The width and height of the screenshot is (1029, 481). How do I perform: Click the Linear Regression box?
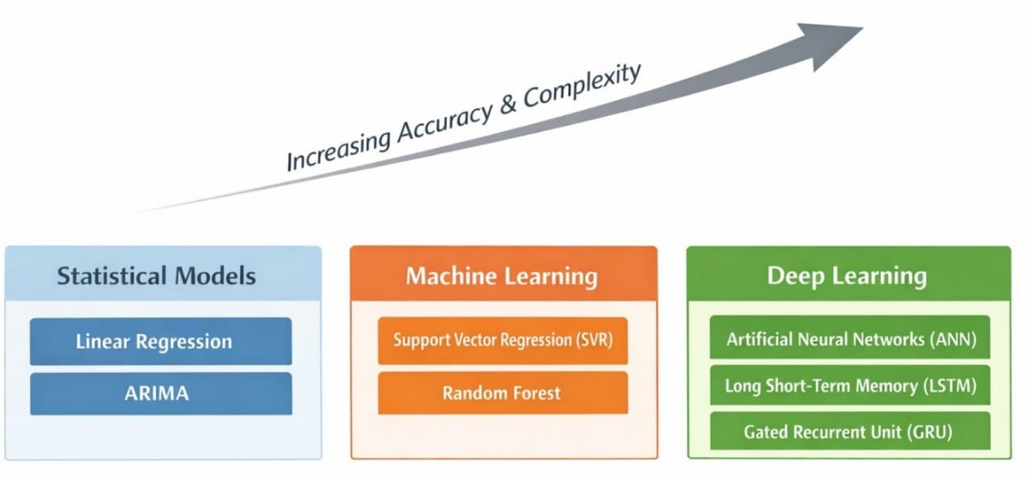161,341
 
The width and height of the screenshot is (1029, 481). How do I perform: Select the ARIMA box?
161,393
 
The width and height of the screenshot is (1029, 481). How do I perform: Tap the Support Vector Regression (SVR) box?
502,340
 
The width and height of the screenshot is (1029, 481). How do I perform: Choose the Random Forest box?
502,393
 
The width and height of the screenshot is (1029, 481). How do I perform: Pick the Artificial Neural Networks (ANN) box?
850,339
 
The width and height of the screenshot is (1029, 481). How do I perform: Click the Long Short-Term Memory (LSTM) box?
850,386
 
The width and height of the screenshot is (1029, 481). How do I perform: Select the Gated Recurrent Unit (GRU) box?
850,432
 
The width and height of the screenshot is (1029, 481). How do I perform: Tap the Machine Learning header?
502,277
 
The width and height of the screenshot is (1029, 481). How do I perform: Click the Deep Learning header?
847,276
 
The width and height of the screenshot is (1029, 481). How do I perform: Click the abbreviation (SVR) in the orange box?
592,340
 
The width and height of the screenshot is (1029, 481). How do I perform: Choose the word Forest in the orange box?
533,393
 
